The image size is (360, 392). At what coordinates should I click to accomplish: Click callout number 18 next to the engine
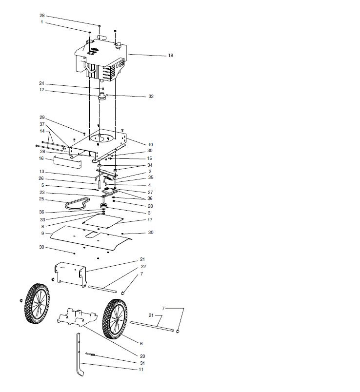pyautogui.click(x=170, y=56)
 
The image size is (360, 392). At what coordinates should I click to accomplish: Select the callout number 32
pyautogui.click(x=151, y=97)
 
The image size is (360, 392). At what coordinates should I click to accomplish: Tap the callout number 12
pyautogui.click(x=42, y=90)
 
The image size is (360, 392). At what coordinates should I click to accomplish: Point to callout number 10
pyautogui.click(x=150, y=145)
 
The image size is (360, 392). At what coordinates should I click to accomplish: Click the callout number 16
pyautogui.click(x=41, y=158)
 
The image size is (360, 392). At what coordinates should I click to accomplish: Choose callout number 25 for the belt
pyautogui.click(x=41, y=199)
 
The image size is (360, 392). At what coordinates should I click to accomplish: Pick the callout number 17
pyautogui.click(x=150, y=220)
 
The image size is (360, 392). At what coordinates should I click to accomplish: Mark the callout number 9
pyautogui.click(x=42, y=234)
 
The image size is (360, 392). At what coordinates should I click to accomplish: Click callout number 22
pyautogui.click(x=143, y=267)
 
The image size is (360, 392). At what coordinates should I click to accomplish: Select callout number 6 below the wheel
pyautogui.click(x=141, y=344)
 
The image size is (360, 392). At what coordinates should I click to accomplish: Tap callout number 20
pyautogui.click(x=143, y=356)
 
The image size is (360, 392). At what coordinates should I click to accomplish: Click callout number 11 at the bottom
pyautogui.click(x=141, y=370)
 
